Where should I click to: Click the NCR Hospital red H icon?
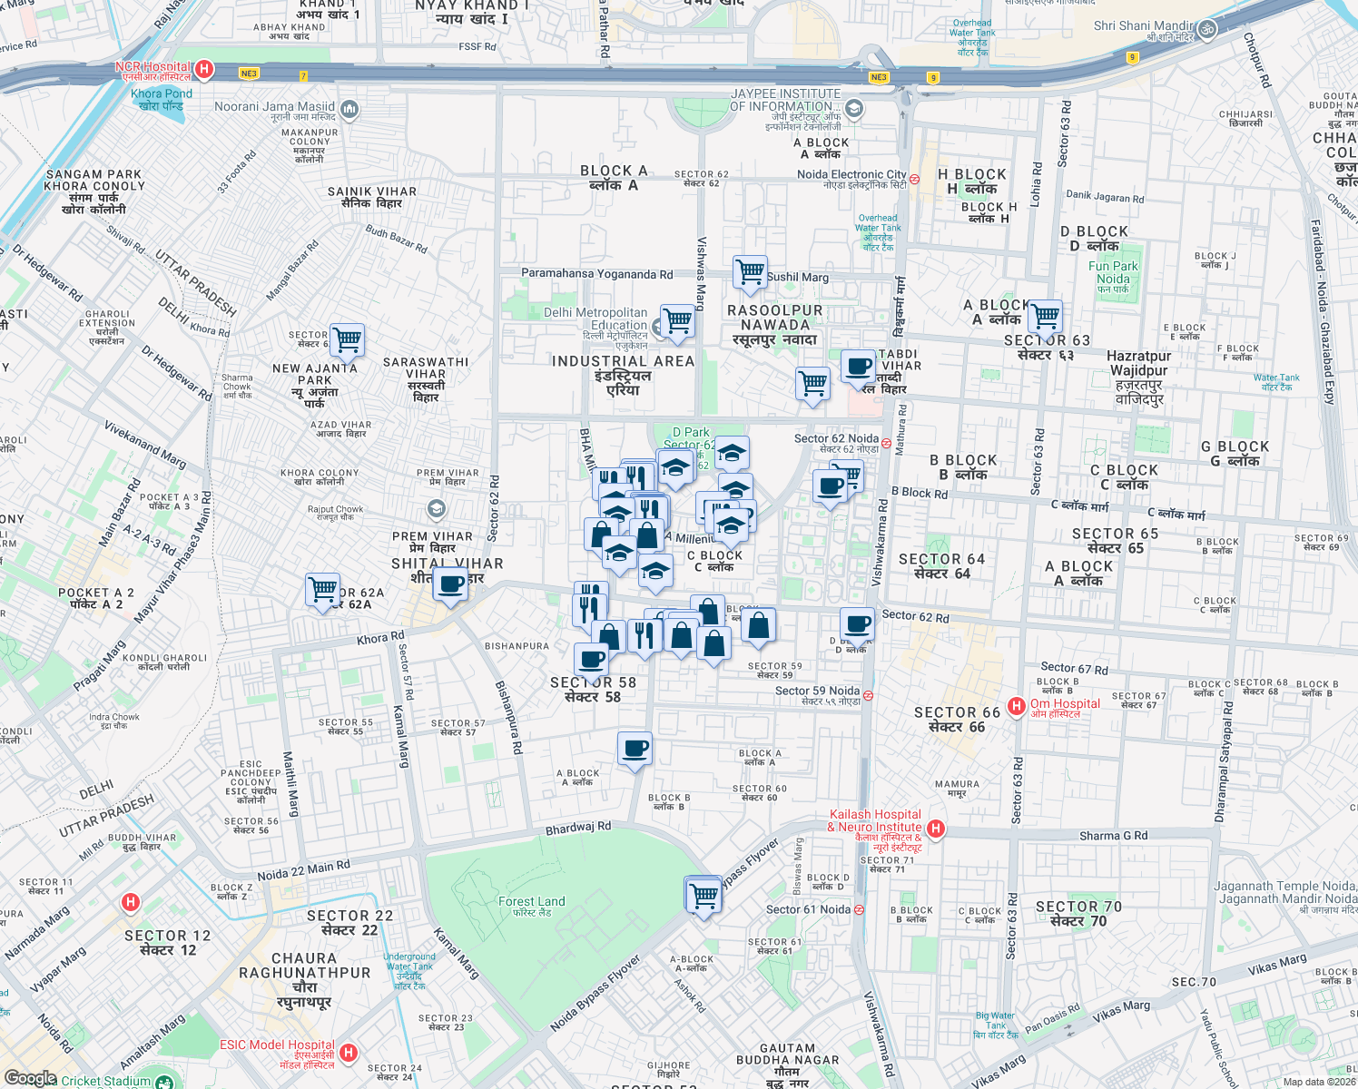pyautogui.click(x=204, y=69)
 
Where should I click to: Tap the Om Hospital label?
pyautogui.click(x=1064, y=704)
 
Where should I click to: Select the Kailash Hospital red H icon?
pyautogui.click(x=936, y=828)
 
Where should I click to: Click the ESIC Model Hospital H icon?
pyautogui.click(x=349, y=1053)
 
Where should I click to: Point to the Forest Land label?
pyautogui.click(x=531, y=902)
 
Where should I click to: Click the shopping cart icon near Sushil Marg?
pyautogui.click(x=750, y=271)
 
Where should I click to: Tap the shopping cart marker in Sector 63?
pyautogui.click(x=1045, y=317)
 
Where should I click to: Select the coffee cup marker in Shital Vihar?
pyautogui.click(x=449, y=584)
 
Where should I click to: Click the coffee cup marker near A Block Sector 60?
pyautogui.click(x=635, y=749)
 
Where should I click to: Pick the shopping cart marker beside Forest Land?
pyautogui.click(x=704, y=896)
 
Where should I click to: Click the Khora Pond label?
pyautogui.click(x=162, y=94)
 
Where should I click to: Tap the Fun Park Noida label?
pyautogui.click(x=1113, y=272)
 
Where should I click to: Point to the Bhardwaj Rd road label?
pyautogui.click(x=578, y=829)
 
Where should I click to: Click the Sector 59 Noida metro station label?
pyautogui.click(x=817, y=692)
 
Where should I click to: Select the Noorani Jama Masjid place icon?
pyautogui.click(x=349, y=110)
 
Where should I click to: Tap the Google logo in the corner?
pyautogui.click(x=30, y=1078)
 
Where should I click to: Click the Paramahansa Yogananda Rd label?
pyautogui.click(x=596, y=273)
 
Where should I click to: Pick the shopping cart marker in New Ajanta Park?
pyautogui.click(x=347, y=340)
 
